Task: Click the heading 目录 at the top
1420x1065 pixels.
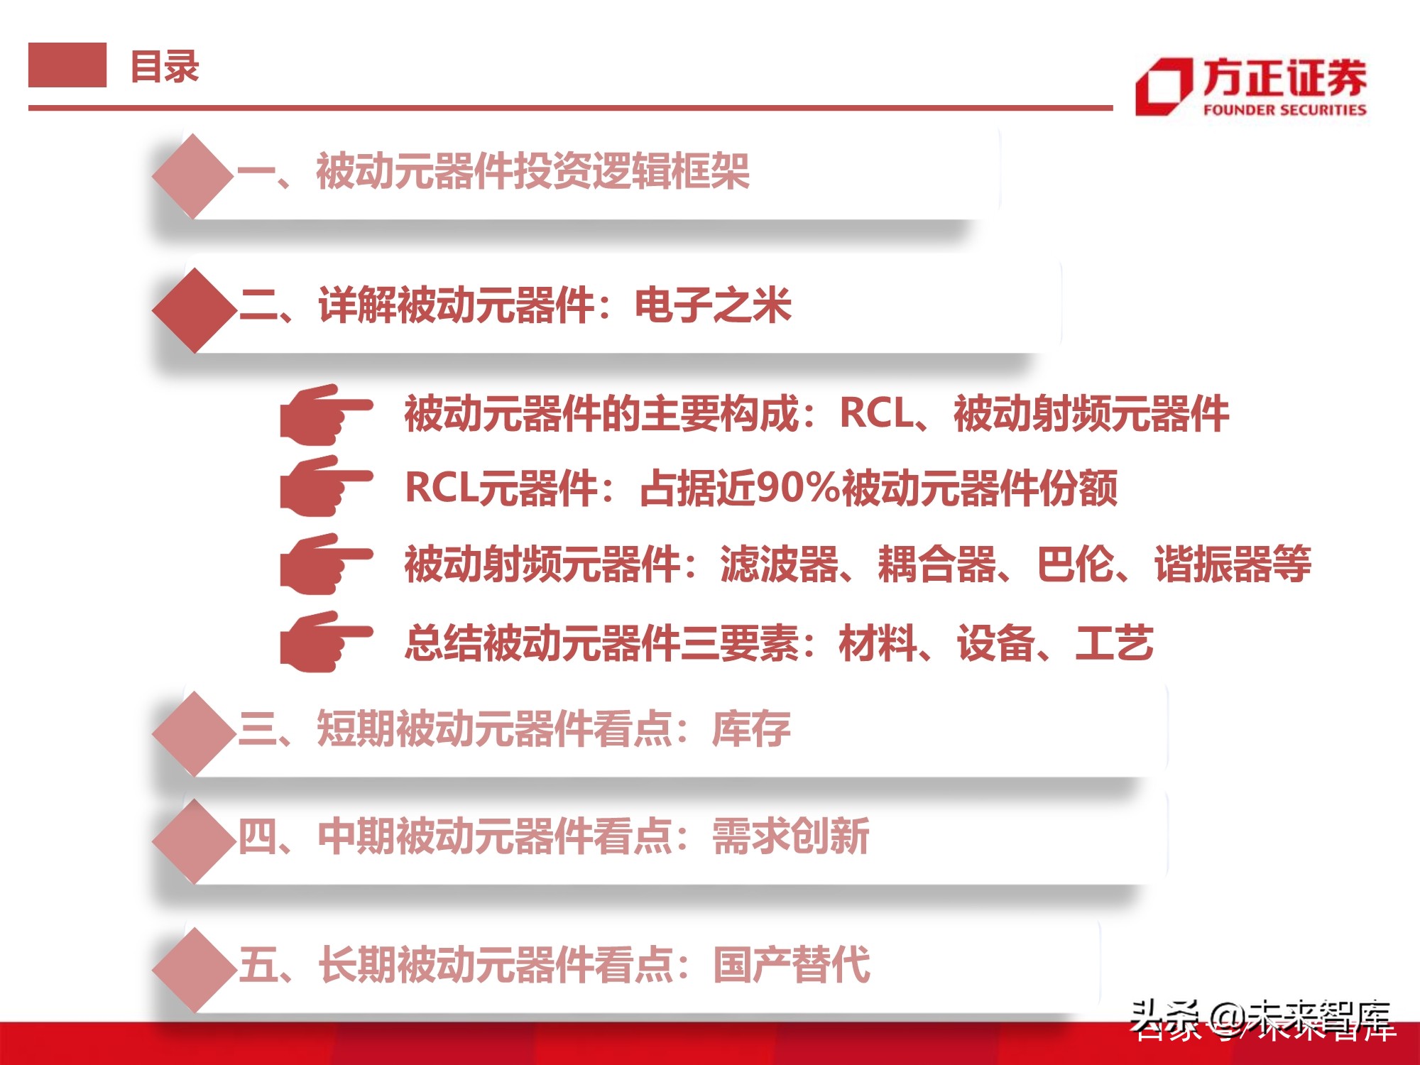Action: pos(165,67)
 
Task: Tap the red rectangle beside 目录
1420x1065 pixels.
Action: pos(67,65)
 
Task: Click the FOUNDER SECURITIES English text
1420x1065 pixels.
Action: pos(1284,110)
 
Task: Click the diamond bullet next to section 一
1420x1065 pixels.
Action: pos(192,175)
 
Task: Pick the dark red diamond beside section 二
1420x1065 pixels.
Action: pos(194,310)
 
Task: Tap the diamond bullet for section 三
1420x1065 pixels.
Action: pos(194,733)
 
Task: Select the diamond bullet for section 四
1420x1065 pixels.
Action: pos(194,841)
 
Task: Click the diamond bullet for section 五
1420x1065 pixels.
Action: pos(194,969)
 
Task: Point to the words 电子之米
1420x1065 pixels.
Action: pos(712,306)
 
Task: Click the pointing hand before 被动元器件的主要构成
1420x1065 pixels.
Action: pos(325,414)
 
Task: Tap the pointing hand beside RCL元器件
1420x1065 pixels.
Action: pos(325,486)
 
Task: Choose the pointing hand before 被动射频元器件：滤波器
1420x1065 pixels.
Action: pos(325,564)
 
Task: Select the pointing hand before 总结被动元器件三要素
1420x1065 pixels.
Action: pos(325,642)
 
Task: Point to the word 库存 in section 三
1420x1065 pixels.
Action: pos(751,729)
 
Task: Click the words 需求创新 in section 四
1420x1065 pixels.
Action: pos(790,836)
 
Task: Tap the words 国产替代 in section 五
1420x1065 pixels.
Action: pos(791,965)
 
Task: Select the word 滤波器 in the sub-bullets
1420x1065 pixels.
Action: pos(779,565)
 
